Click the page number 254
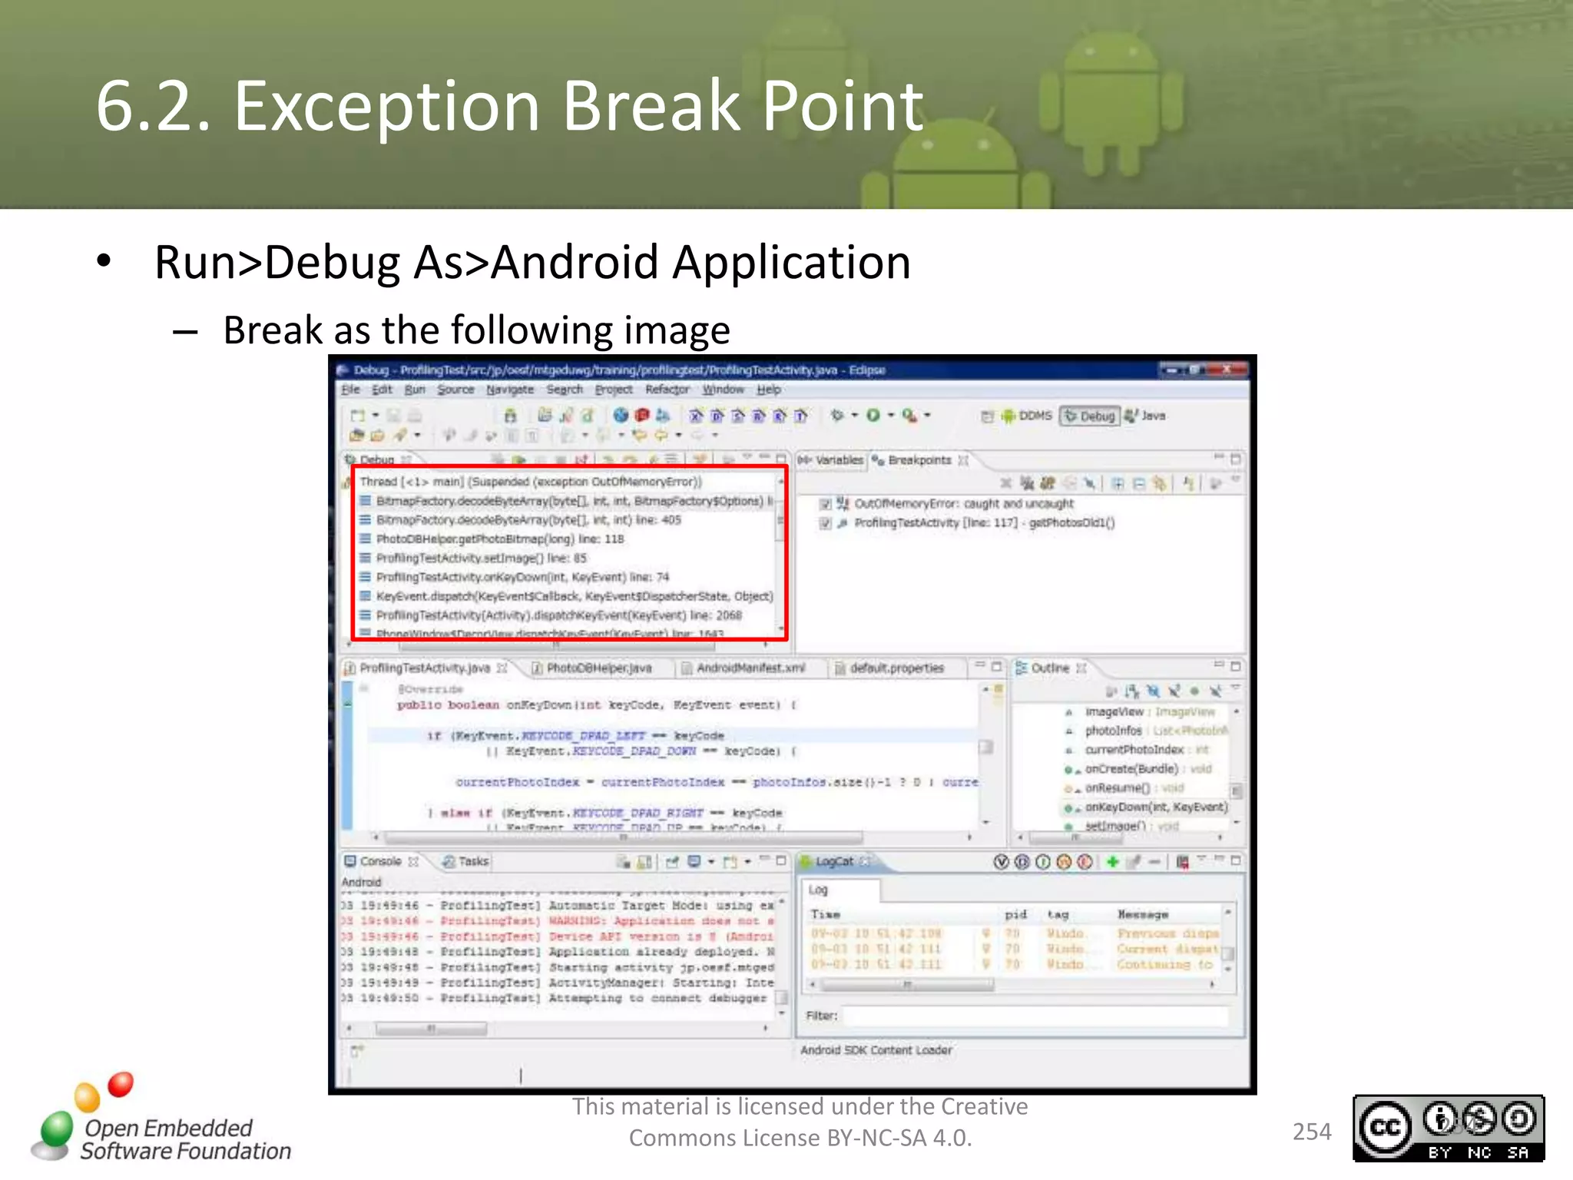click(1311, 1132)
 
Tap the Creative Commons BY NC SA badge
click(1448, 1128)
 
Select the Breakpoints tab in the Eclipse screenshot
click(919, 460)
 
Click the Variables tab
click(838, 460)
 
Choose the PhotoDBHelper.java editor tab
click(598, 668)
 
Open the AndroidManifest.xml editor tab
click(750, 668)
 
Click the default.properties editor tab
click(896, 668)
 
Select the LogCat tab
click(833, 862)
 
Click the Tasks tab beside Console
click(472, 862)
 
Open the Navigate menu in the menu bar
click(509, 390)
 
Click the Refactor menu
click(667, 390)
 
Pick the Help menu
click(768, 390)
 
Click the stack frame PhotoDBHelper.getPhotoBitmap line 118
click(499, 539)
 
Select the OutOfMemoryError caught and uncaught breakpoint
click(963, 504)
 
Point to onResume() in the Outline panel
click(1117, 788)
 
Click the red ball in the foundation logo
click(121, 1084)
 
